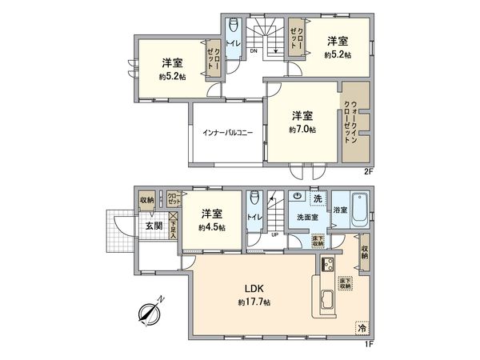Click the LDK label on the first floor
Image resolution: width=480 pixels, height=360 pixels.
254,290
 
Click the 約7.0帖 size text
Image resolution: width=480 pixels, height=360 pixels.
302,129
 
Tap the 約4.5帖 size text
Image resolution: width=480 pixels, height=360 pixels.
212,227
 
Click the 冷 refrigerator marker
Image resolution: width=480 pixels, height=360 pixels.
362,327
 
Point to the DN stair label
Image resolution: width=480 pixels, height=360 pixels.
254,52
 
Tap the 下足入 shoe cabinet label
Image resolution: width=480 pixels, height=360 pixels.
174,230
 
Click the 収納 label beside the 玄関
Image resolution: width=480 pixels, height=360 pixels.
146,201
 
